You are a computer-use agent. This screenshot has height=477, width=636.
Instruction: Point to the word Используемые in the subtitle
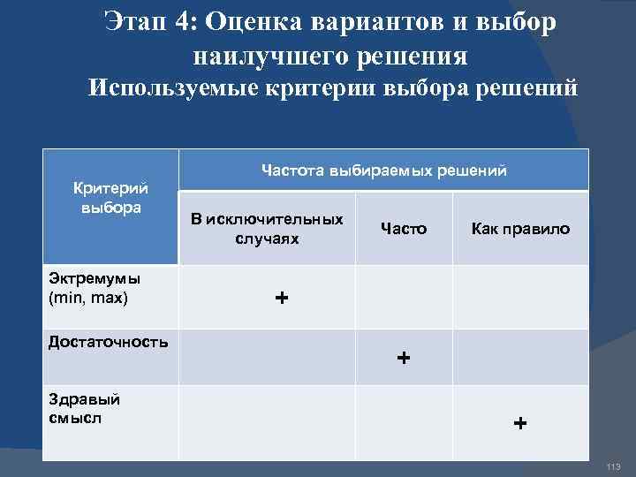(x=168, y=88)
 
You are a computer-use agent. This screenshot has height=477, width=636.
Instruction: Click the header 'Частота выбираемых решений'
(x=383, y=170)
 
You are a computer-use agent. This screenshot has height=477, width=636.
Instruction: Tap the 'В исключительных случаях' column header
(x=267, y=229)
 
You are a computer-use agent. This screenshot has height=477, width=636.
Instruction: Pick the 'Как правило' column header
(x=520, y=229)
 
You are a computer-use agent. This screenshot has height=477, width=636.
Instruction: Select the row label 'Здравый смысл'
(x=84, y=408)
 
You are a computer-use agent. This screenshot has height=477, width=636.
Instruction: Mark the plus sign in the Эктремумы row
(x=281, y=298)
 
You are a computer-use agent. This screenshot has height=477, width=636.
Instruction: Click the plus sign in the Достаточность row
(x=404, y=358)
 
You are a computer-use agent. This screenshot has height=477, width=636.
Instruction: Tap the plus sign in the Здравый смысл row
(x=520, y=423)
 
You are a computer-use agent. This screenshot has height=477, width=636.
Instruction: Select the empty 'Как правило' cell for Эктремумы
(x=520, y=298)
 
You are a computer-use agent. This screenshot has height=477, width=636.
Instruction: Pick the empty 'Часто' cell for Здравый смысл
(x=404, y=423)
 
